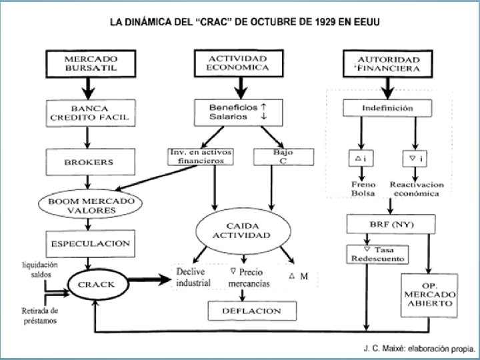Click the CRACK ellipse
tap(96, 285)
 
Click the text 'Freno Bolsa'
tap(364, 189)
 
